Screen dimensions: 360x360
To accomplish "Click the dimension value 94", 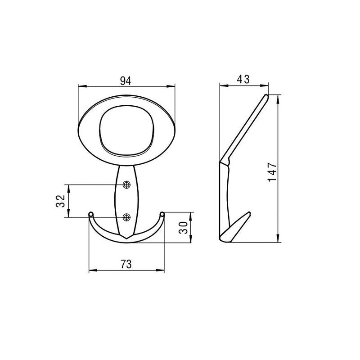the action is tap(126, 81).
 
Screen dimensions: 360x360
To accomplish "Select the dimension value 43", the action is tap(243, 80).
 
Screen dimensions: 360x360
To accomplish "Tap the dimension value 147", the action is tap(272, 172).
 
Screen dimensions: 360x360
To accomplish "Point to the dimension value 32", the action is tap(60, 201).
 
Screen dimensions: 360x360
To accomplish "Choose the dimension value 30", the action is tap(183, 228).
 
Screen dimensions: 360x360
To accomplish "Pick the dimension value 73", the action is tap(126, 264).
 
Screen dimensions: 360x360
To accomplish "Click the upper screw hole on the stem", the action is tap(126, 184).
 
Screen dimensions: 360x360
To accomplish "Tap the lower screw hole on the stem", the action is tap(126, 217).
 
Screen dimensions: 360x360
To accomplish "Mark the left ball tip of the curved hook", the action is tap(91, 214).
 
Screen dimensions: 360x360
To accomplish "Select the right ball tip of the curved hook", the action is tap(162, 214).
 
